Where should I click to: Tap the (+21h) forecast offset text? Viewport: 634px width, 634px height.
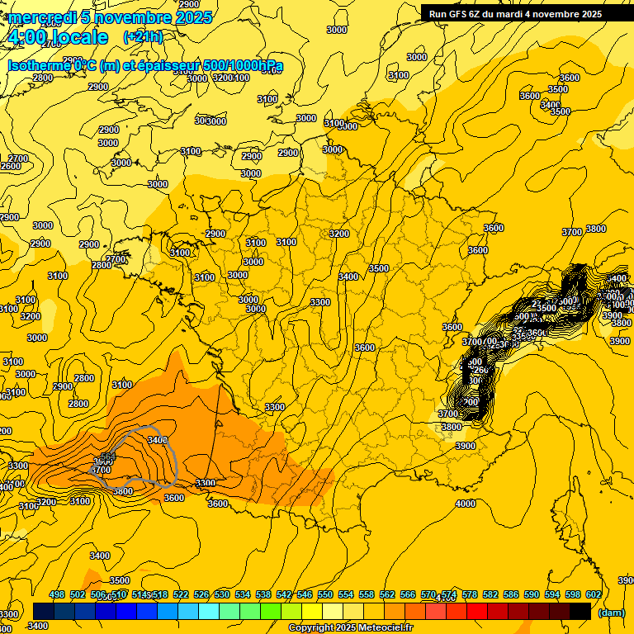(x=143, y=36)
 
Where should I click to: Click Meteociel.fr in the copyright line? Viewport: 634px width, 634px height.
(x=384, y=628)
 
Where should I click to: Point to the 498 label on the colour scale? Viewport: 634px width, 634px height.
(x=57, y=594)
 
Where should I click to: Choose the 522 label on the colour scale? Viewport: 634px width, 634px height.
(x=181, y=594)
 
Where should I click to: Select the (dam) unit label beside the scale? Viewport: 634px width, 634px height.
(x=612, y=613)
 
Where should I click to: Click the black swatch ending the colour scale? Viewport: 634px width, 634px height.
(x=580, y=611)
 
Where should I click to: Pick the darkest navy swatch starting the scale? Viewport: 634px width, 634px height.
(x=44, y=611)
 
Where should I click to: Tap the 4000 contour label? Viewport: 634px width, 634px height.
(x=466, y=504)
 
